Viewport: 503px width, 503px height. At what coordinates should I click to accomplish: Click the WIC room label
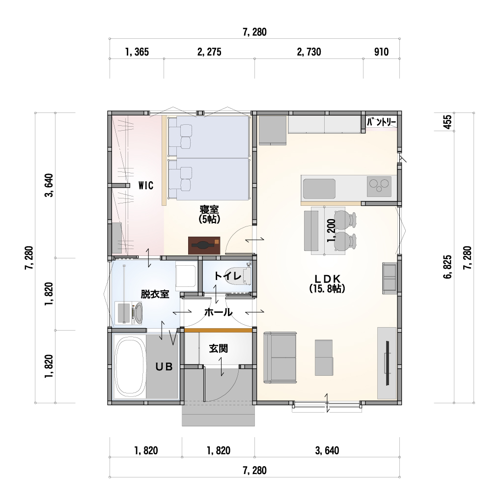click(x=146, y=185)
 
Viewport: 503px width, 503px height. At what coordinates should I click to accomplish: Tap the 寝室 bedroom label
click(x=209, y=210)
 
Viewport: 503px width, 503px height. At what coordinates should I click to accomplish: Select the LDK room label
click(x=327, y=279)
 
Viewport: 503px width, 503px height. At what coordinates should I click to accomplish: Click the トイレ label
click(x=227, y=276)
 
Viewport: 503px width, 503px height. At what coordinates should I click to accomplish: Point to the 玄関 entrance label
click(x=219, y=348)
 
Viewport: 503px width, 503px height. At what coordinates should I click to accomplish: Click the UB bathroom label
click(x=164, y=366)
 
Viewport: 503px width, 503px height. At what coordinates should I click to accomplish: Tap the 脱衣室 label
click(x=155, y=294)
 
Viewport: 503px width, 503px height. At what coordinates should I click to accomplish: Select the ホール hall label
click(x=218, y=312)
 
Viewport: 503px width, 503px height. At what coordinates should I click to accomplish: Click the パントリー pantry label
click(x=381, y=122)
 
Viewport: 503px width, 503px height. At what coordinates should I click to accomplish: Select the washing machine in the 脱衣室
click(x=129, y=313)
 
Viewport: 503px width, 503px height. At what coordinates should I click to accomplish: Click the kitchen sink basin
click(x=319, y=189)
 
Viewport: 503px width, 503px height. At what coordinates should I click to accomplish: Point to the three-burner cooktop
click(x=379, y=186)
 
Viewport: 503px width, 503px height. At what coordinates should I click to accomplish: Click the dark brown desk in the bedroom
click(x=204, y=246)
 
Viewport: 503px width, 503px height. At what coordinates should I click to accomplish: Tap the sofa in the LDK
click(x=280, y=358)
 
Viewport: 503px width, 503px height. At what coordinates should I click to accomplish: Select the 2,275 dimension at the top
click(x=209, y=52)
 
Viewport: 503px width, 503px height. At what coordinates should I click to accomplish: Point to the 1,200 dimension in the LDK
click(x=332, y=230)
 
